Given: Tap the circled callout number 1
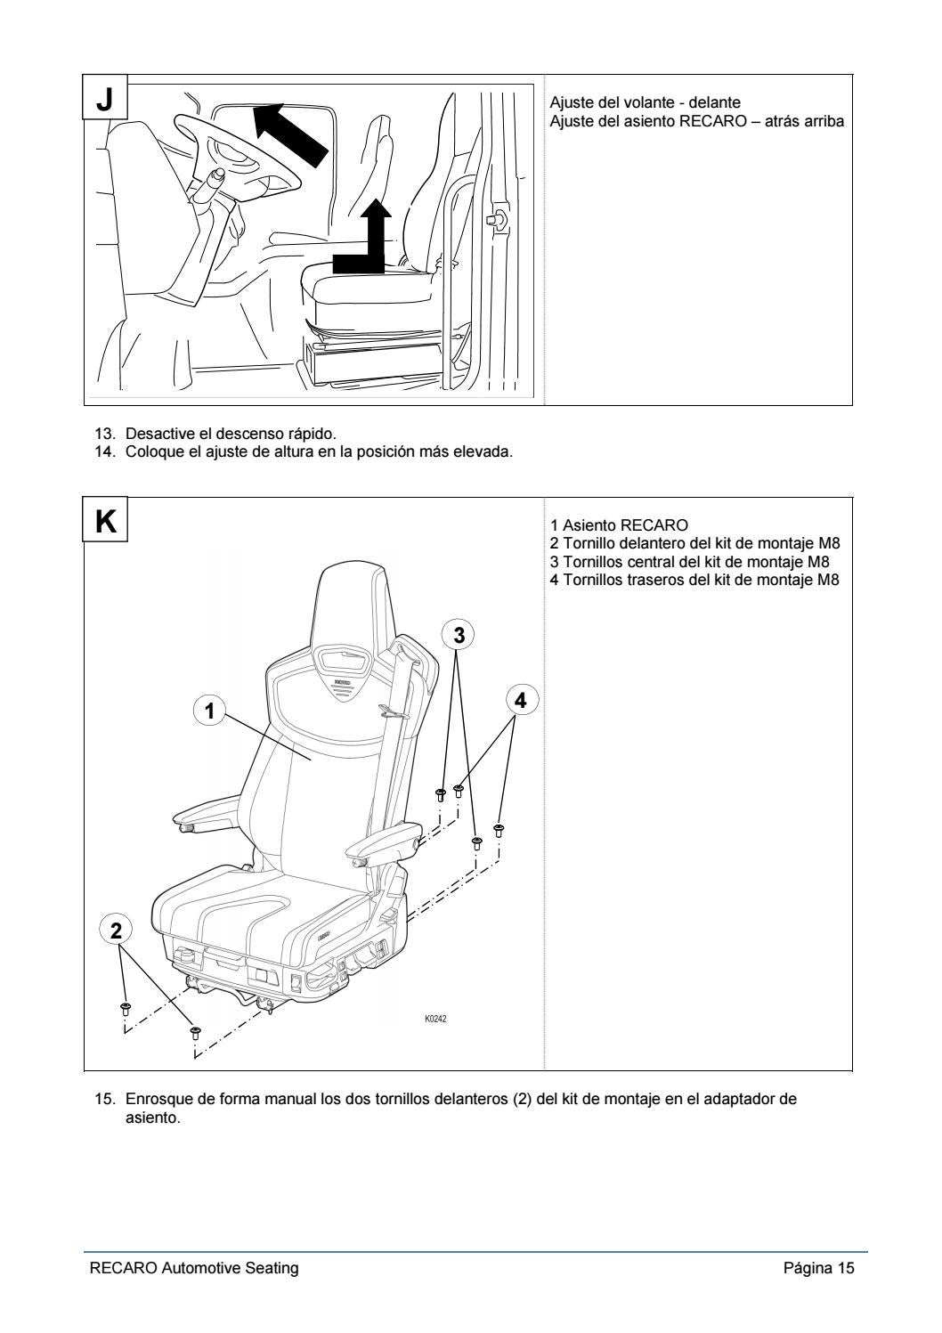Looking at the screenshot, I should [x=209, y=710].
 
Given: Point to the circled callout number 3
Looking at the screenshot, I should [x=459, y=635].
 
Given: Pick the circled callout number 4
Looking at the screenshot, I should [x=521, y=701].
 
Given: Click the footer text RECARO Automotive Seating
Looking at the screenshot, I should [x=194, y=1268].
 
